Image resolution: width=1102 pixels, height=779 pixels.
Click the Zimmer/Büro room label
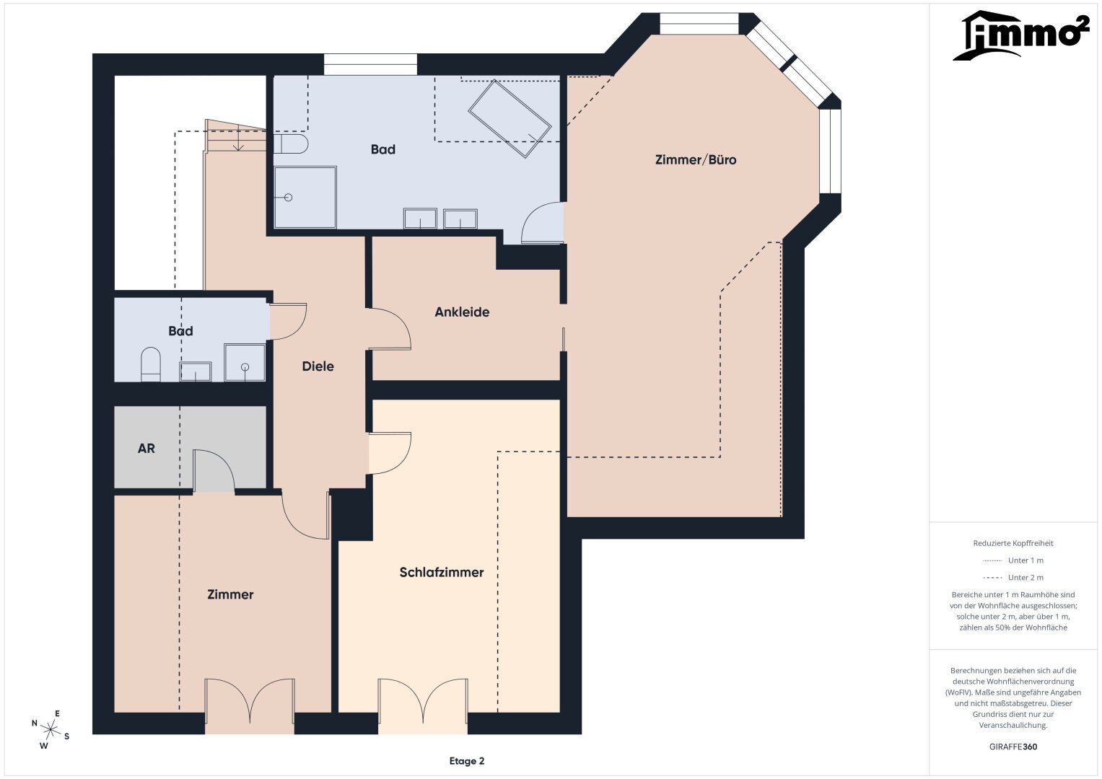point(696,160)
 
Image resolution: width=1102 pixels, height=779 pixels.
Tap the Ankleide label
point(462,312)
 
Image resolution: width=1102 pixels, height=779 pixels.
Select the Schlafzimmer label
point(441,573)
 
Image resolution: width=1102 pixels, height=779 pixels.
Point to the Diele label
point(318,366)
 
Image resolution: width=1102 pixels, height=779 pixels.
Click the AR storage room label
point(146,449)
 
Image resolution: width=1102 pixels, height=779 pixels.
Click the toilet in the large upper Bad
point(291,144)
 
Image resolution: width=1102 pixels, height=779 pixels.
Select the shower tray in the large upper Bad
point(305,197)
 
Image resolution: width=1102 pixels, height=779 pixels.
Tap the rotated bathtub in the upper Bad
point(510,118)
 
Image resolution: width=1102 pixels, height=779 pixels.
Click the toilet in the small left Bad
point(151,364)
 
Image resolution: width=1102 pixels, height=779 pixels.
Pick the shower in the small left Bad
point(245,362)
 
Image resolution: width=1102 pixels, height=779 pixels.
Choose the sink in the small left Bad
point(196,371)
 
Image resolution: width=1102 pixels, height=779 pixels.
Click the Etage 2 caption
point(467,761)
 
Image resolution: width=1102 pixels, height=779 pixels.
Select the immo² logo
point(1020,35)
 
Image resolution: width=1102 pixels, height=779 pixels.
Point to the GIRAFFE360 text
point(1013,747)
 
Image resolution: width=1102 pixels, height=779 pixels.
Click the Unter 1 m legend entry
point(1013,560)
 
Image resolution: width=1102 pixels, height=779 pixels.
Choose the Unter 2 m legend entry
point(1013,577)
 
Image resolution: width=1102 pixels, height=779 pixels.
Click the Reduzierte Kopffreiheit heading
point(1013,543)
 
